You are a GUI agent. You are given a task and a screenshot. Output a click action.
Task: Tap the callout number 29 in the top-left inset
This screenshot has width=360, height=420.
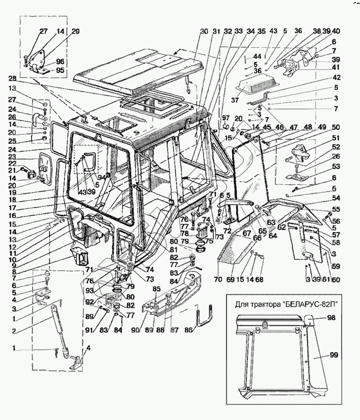pos(75,32)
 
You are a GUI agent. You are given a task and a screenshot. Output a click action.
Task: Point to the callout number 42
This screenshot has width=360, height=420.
pos(335,77)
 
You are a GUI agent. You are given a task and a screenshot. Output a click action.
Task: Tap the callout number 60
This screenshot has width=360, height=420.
pos(336,279)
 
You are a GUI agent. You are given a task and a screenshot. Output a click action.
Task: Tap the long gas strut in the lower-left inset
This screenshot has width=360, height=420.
pos(59,329)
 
